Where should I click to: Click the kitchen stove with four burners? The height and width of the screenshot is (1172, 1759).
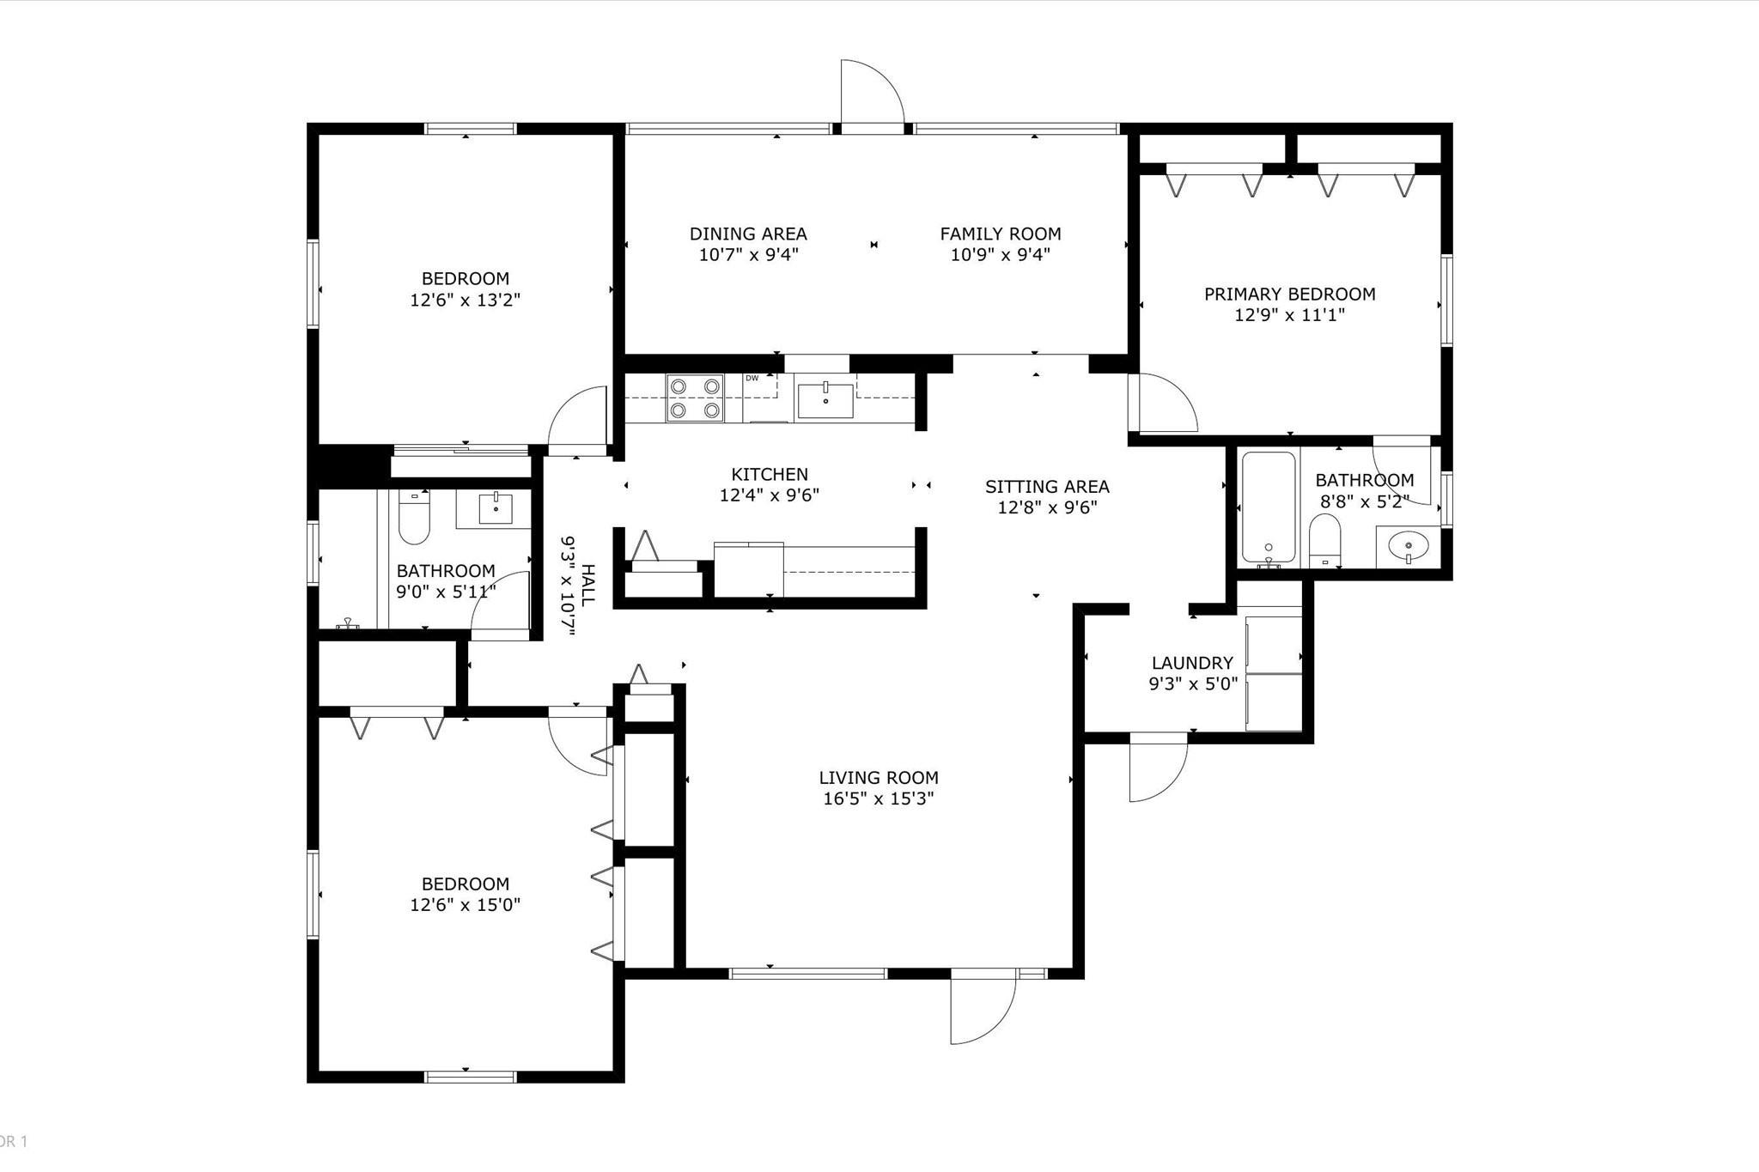[x=695, y=398]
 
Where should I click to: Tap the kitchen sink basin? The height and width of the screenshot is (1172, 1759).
[x=825, y=400]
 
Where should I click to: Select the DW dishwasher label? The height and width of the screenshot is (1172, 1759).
[x=752, y=378]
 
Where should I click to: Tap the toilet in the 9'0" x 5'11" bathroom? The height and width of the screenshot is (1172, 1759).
[x=414, y=518]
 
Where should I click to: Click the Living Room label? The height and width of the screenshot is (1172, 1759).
[x=878, y=778]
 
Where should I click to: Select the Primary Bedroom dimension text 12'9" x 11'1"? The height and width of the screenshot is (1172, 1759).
[x=1289, y=315]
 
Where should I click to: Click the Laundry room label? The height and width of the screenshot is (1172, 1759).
[x=1192, y=663]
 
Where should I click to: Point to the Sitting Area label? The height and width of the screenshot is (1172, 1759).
[x=1047, y=487]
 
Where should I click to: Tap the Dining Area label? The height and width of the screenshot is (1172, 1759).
[x=748, y=234]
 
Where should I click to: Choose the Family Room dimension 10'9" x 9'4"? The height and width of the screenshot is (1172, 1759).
[x=1001, y=255]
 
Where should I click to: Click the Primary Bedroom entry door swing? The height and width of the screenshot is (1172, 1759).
[x=1164, y=403]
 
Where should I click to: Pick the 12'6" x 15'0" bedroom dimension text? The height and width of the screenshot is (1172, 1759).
[x=466, y=905]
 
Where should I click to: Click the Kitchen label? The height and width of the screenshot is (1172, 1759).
[x=770, y=474]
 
